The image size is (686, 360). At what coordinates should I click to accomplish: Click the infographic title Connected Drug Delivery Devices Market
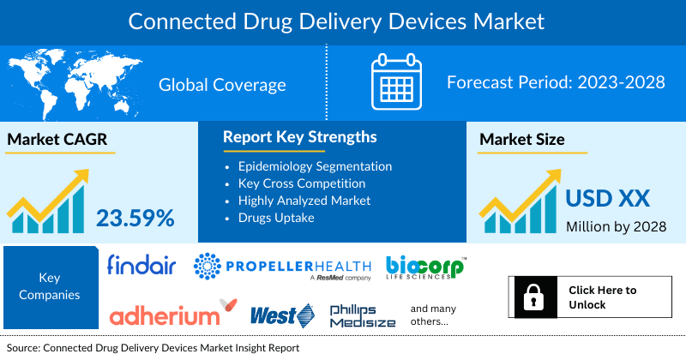pos(342,19)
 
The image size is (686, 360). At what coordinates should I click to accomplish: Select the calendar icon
pos(397,83)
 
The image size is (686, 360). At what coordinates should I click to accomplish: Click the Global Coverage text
pos(222,85)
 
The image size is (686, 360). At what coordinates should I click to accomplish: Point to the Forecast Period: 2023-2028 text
pos(557,83)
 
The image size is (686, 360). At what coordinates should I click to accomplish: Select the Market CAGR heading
pos(59,140)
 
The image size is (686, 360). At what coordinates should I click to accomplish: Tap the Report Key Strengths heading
pos(299,137)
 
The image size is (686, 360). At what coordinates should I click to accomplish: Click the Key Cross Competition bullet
pos(301,183)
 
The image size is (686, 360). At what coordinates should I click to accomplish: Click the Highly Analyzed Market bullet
pos(304,200)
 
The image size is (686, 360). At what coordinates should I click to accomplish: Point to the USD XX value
pos(607,200)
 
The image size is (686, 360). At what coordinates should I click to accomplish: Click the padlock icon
pos(530,297)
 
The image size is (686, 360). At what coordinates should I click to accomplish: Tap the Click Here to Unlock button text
pos(603,297)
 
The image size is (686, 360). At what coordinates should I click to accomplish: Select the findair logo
pos(141,267)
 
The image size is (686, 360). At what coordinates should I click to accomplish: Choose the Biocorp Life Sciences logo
pos(425,267)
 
